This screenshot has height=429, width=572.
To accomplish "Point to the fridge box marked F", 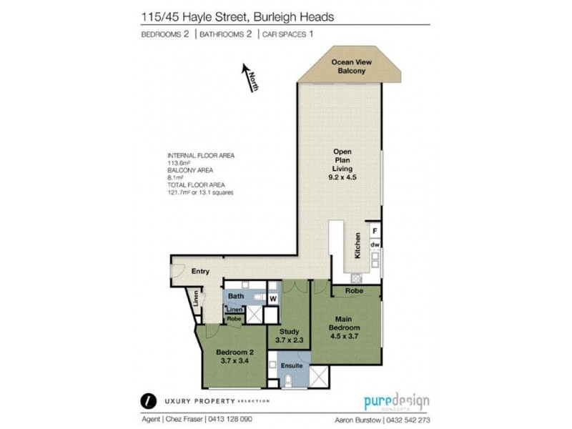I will coord(374,230).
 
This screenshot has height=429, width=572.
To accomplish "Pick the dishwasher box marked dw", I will coord(374,245).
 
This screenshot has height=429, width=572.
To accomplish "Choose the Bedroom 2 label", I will coord(235,355).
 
